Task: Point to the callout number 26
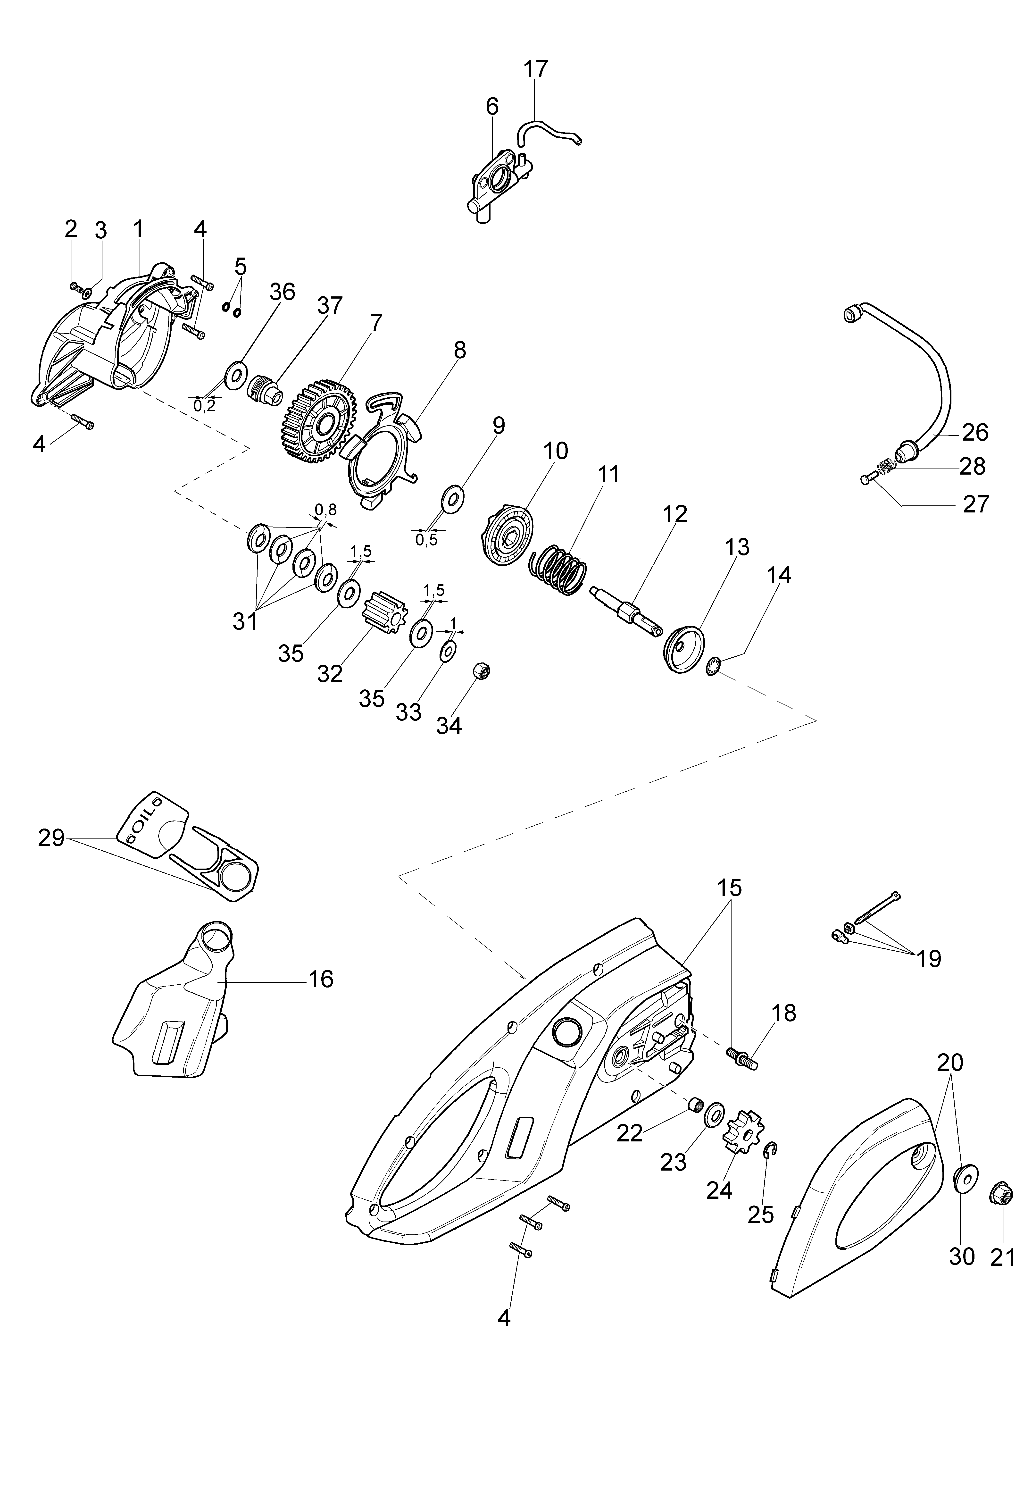(975, 432)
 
